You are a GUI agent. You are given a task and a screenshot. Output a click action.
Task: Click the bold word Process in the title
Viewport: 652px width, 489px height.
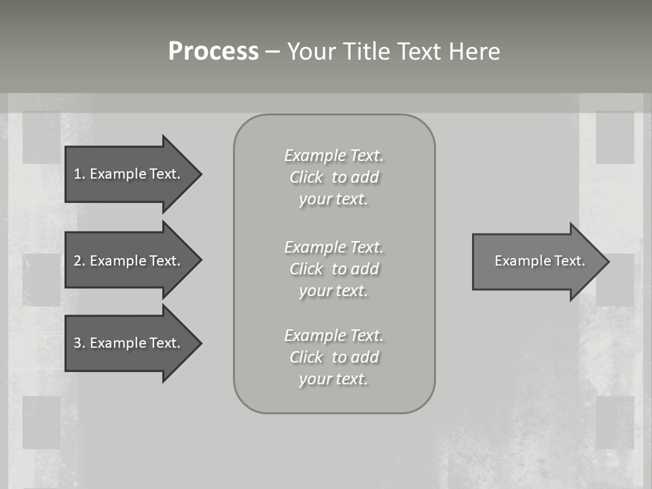tap(213, 52)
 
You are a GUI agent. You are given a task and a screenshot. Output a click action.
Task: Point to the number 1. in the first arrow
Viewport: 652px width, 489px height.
tap(79, 174)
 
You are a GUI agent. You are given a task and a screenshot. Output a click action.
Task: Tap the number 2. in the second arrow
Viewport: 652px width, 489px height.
tap(79, 261)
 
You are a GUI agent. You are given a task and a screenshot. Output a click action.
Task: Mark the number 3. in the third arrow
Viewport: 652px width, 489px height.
tap(79, 343)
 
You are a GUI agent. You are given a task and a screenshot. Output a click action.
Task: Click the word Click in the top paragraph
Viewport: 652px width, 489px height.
tap(306, 178)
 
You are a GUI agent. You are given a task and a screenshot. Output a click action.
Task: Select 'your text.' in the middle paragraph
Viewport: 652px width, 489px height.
tap(333, 291)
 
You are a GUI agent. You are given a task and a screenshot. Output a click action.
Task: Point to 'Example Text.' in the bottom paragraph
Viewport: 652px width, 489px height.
tap(333, 336)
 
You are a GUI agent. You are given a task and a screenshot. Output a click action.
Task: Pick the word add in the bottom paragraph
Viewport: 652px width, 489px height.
tap(365, 357)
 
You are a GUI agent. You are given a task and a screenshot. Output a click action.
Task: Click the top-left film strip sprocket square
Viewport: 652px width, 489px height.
tap(41, 137)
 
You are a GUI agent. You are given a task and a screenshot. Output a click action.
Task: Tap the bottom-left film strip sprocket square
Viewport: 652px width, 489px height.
tap(41, 422)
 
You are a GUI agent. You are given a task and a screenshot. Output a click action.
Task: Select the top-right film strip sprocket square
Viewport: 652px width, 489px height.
tap(615, 137)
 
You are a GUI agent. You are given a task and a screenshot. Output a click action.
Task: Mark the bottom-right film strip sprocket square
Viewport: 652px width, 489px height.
tap(615, 422)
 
